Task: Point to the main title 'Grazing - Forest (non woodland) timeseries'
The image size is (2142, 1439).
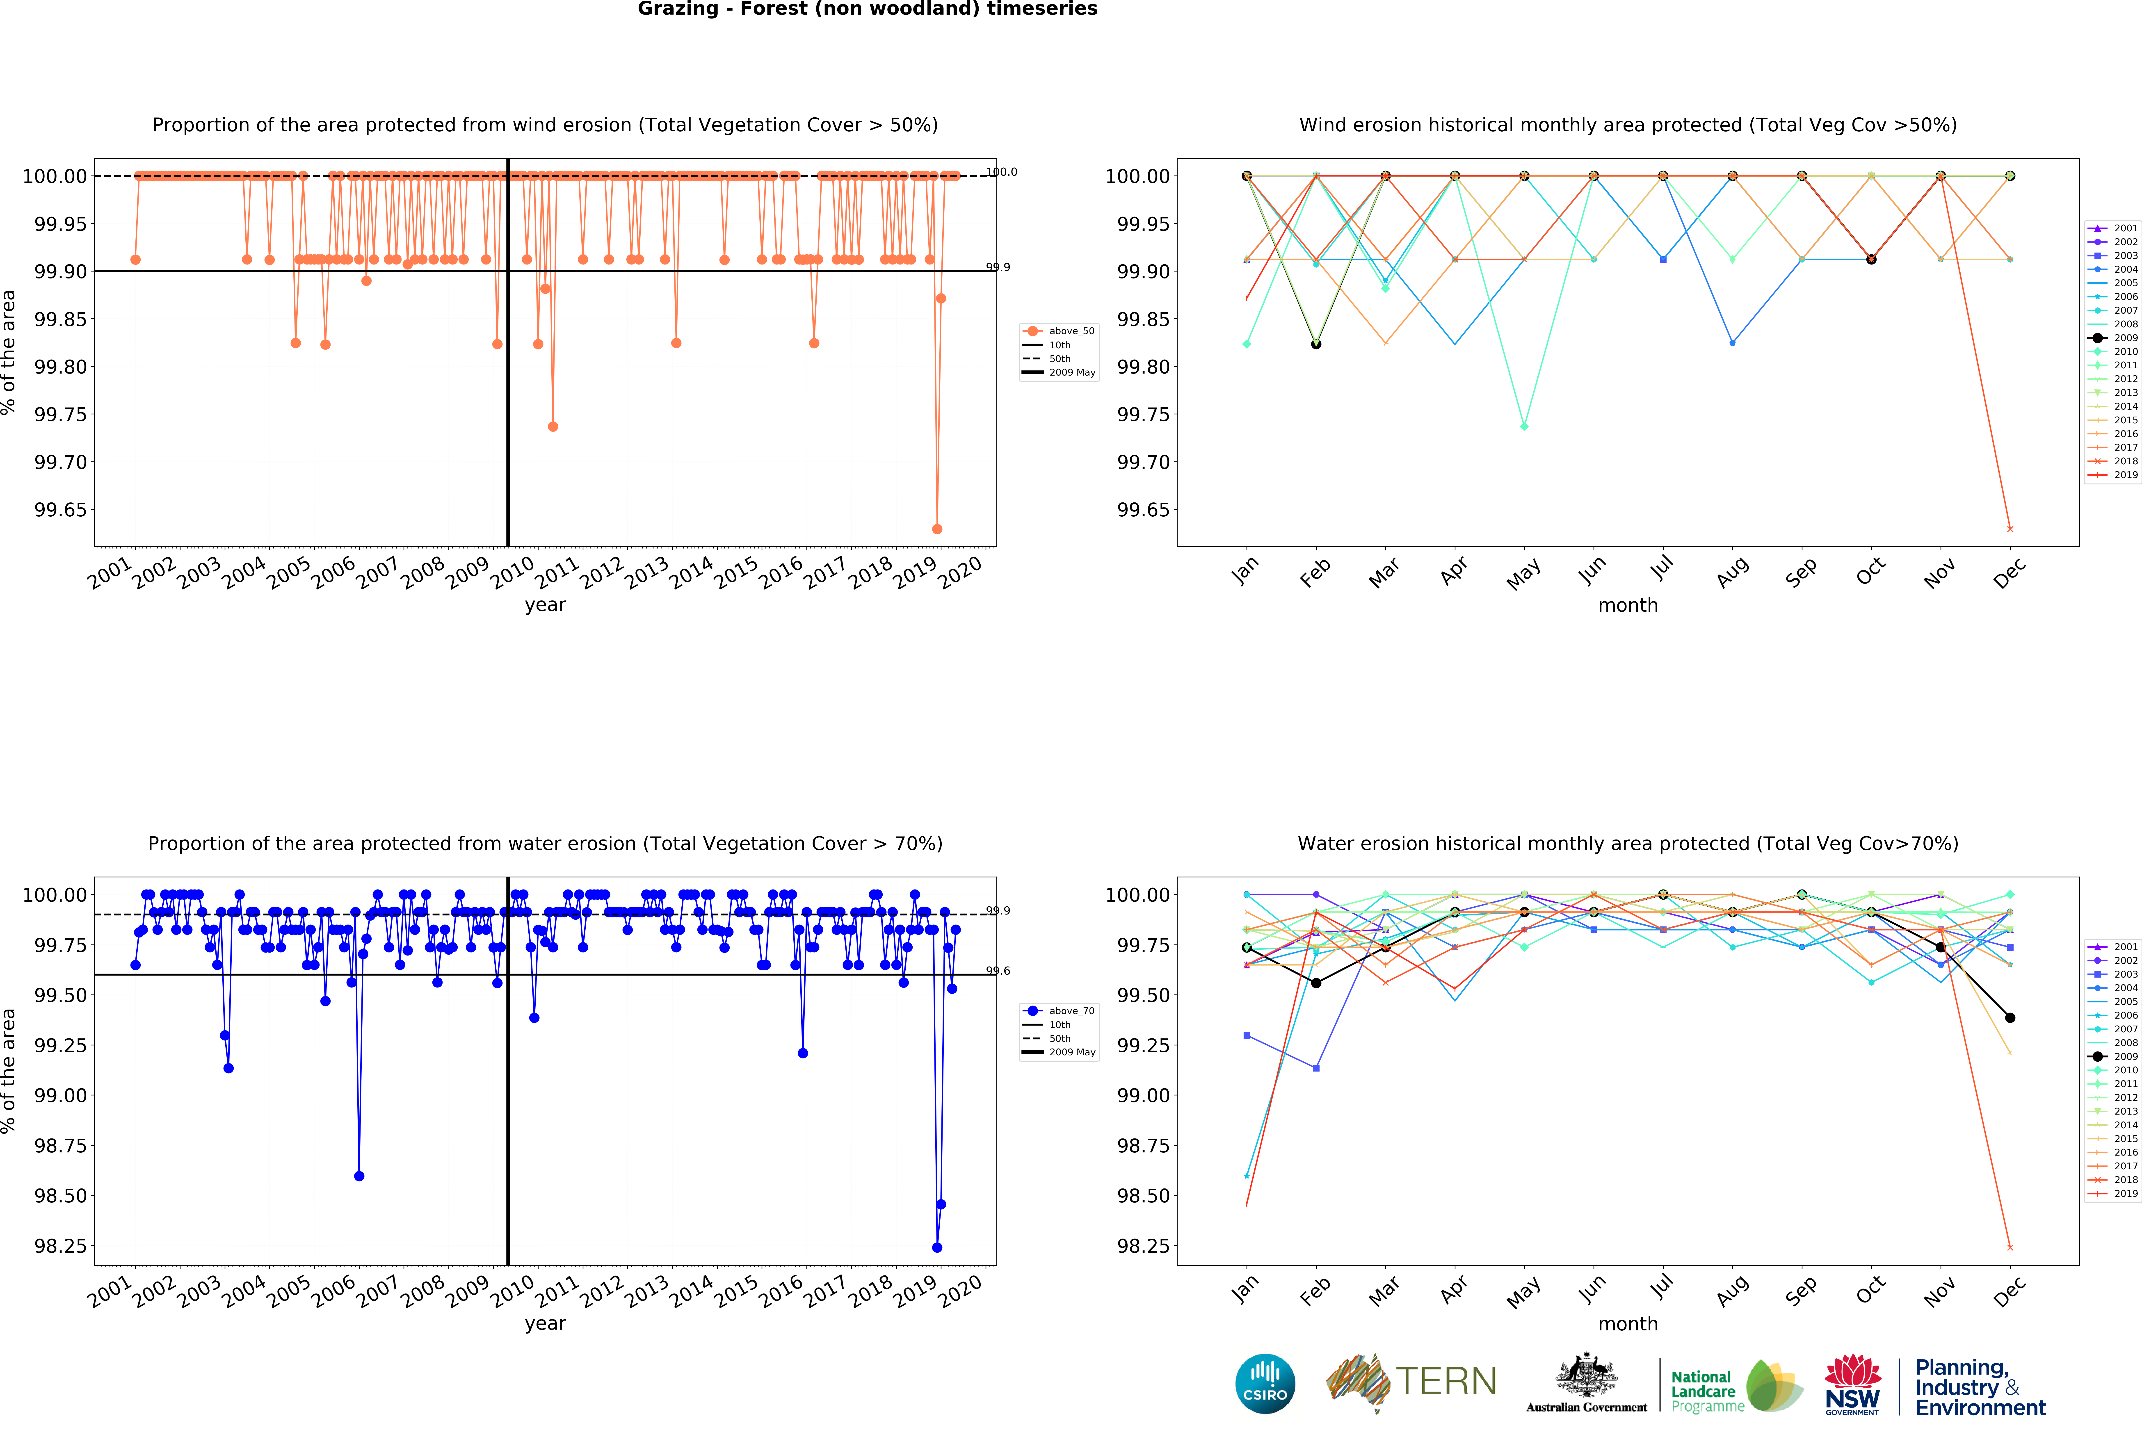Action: click(867, 9)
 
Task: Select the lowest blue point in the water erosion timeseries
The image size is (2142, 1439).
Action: click(937, 1247)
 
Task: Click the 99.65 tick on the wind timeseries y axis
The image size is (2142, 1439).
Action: click(61, 510)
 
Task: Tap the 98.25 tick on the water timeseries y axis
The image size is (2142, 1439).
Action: click(61, 1246)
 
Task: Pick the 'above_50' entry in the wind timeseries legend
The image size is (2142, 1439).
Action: click(1071, 331)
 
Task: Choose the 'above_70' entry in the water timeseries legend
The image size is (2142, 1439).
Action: click(1071, 1010)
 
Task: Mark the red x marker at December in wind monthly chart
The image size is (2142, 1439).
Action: click(2010, 529)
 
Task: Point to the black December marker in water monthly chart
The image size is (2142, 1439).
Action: click(2010, 1018)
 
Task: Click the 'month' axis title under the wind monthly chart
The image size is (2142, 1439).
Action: click(1628, 606)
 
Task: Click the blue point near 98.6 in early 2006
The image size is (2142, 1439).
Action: click(359, 1176)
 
